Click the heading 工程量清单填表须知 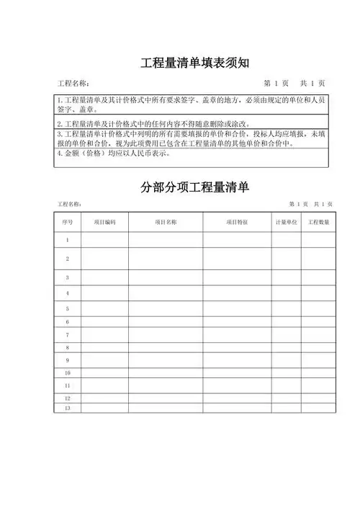coord(194,63)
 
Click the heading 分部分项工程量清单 coord(194,188)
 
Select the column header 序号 coord(68,223)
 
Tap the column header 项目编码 coord(105,223)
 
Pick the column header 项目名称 coord(166,223)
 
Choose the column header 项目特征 coord(237,223)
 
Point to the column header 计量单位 coord(286,223)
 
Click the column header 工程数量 coord(319,223)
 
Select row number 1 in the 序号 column coord(68,240)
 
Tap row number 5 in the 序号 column coord(68,308)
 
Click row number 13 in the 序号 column coord(68,408)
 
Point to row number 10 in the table coord(68,373)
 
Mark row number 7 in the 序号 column coord(68,335)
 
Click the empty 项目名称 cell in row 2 coord(166,258)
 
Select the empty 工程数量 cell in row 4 coord(319,293)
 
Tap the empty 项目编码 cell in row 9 coord(105,359)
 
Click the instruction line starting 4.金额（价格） coord(114,153)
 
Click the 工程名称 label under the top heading coord(73,84)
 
